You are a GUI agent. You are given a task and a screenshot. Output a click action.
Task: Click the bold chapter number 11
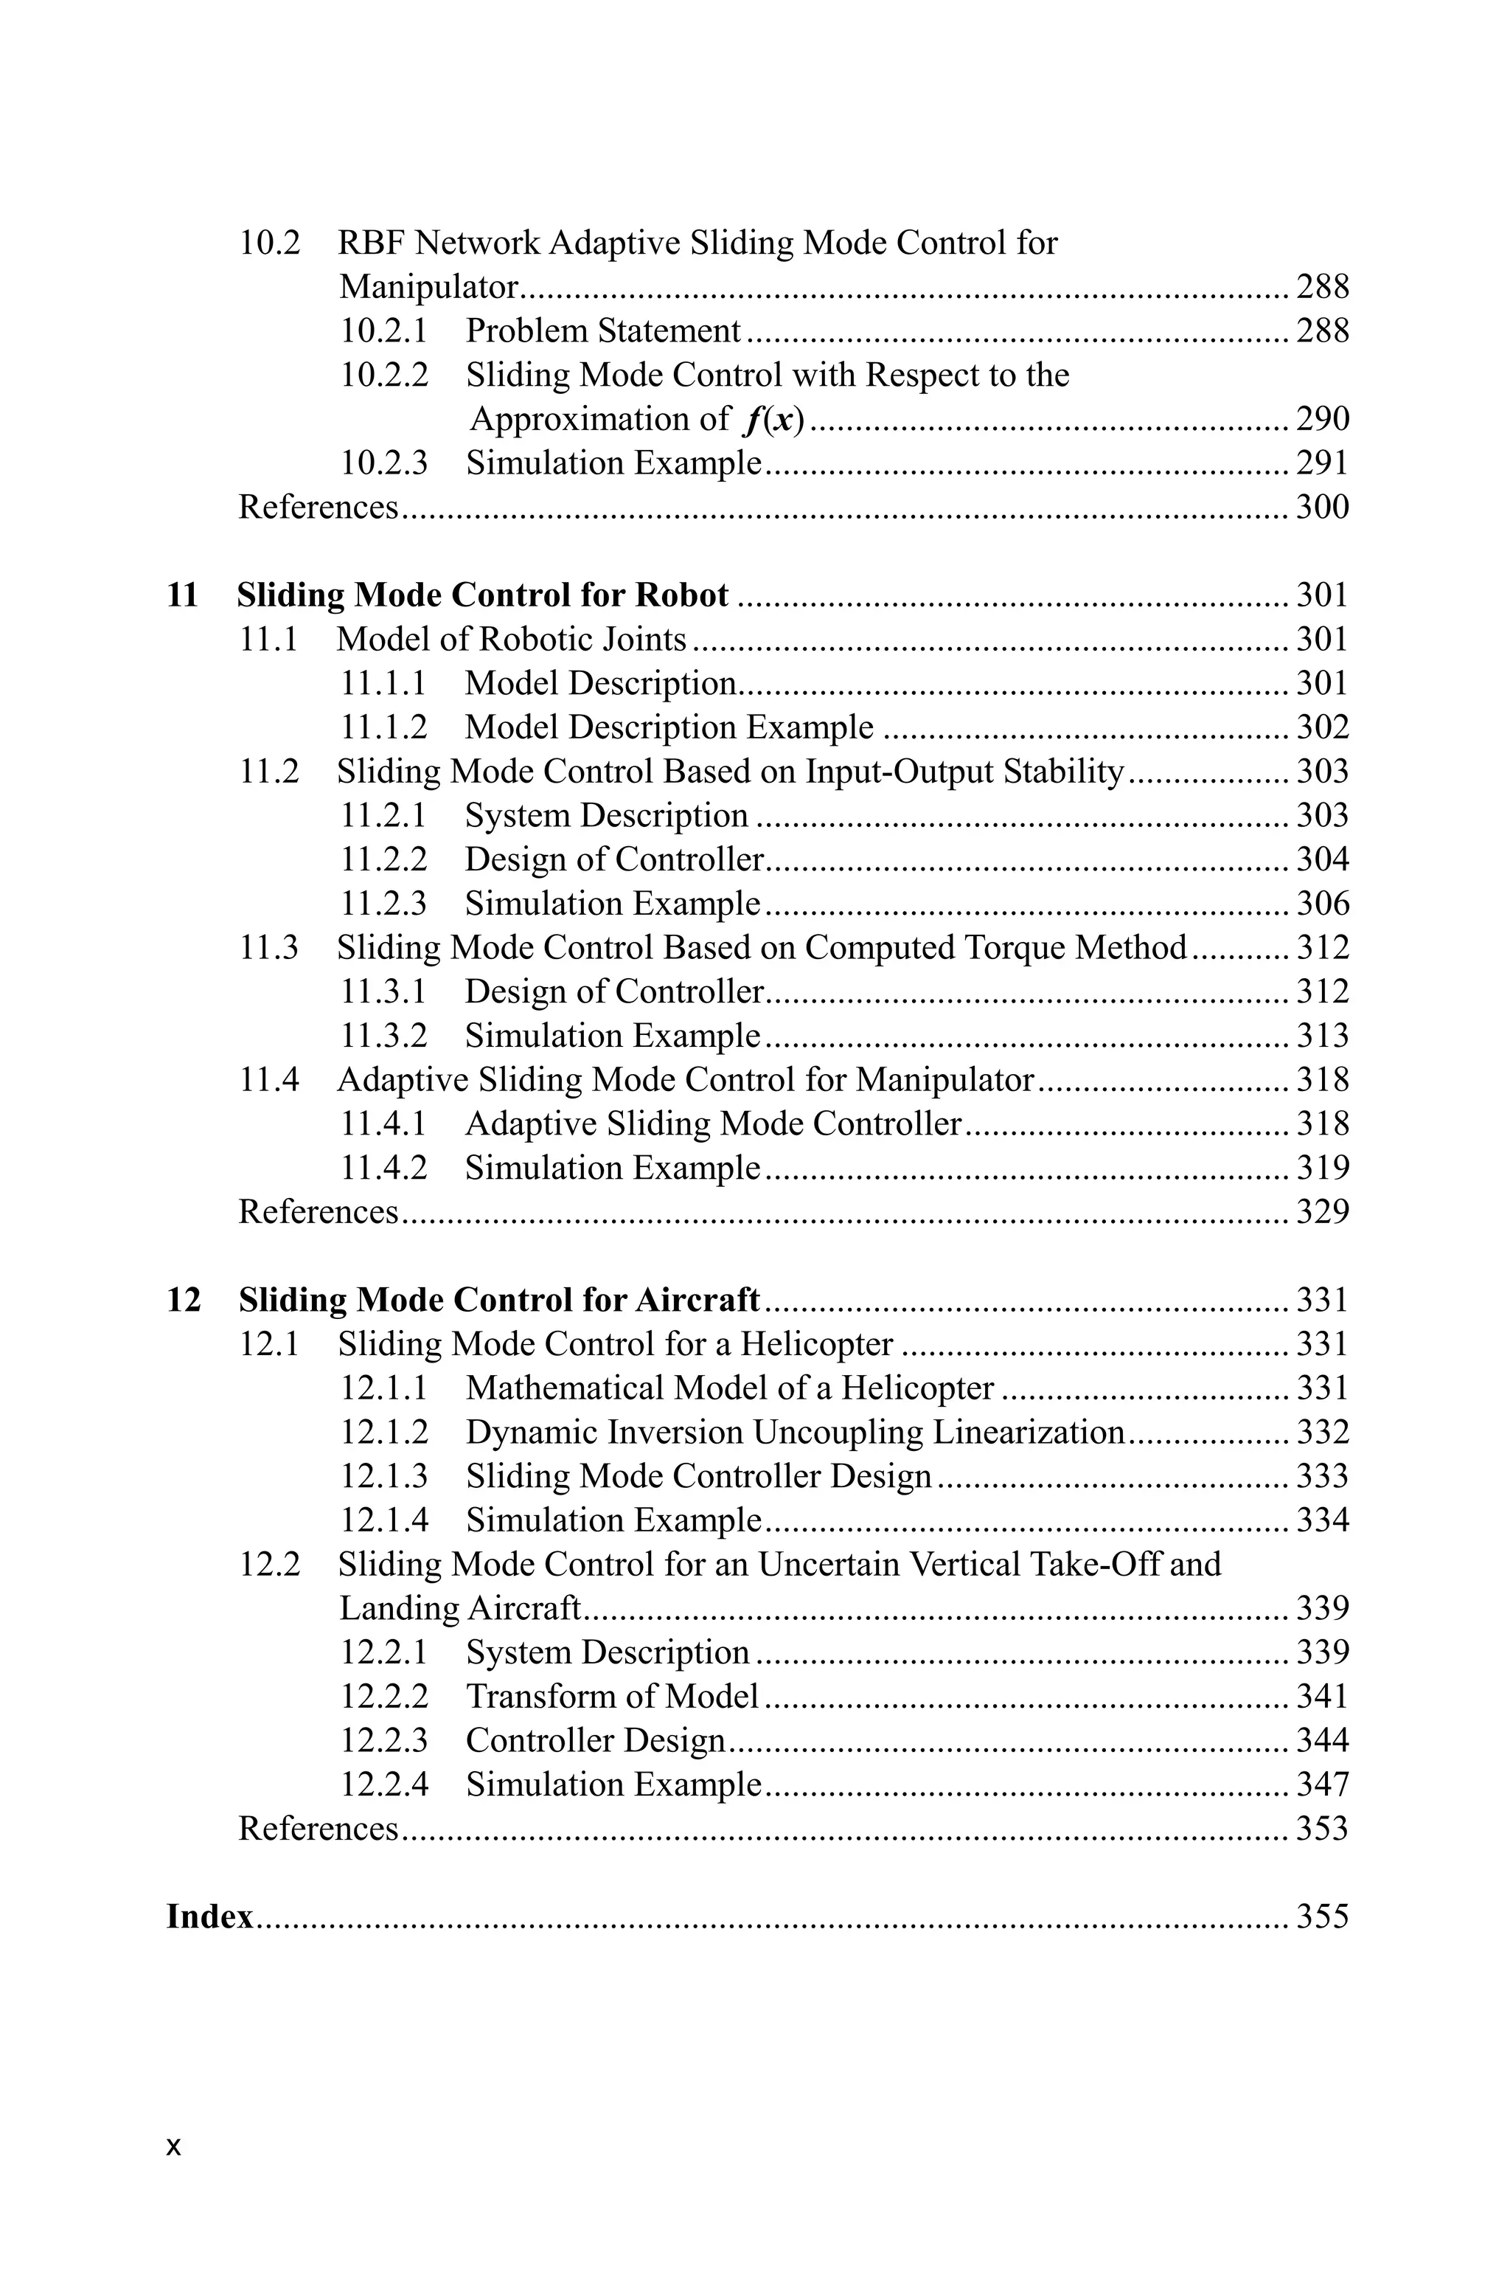(182, 595)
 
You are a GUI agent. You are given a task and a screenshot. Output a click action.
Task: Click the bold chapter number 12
(184, 1301)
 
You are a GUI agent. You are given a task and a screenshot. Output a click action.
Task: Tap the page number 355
(1322, 1917)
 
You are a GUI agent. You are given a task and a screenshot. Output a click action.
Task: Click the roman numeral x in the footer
(173, 2147)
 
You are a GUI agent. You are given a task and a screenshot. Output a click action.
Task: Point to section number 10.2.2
(383, 375)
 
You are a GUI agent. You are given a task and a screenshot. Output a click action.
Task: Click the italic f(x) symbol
(774, 419)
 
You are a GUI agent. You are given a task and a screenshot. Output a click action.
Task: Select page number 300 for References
(1322, 508)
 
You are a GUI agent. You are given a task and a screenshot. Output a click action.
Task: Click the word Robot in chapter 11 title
(681, 595)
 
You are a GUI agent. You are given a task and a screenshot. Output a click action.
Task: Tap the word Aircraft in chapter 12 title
(697, 1301)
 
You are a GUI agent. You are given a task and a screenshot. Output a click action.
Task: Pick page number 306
(1322, 904)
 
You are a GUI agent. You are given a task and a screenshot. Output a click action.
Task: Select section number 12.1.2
(383, 1433)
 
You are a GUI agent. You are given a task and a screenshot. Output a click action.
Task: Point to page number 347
(1322, 1785)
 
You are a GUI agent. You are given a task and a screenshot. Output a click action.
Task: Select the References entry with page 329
(318, 1212)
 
